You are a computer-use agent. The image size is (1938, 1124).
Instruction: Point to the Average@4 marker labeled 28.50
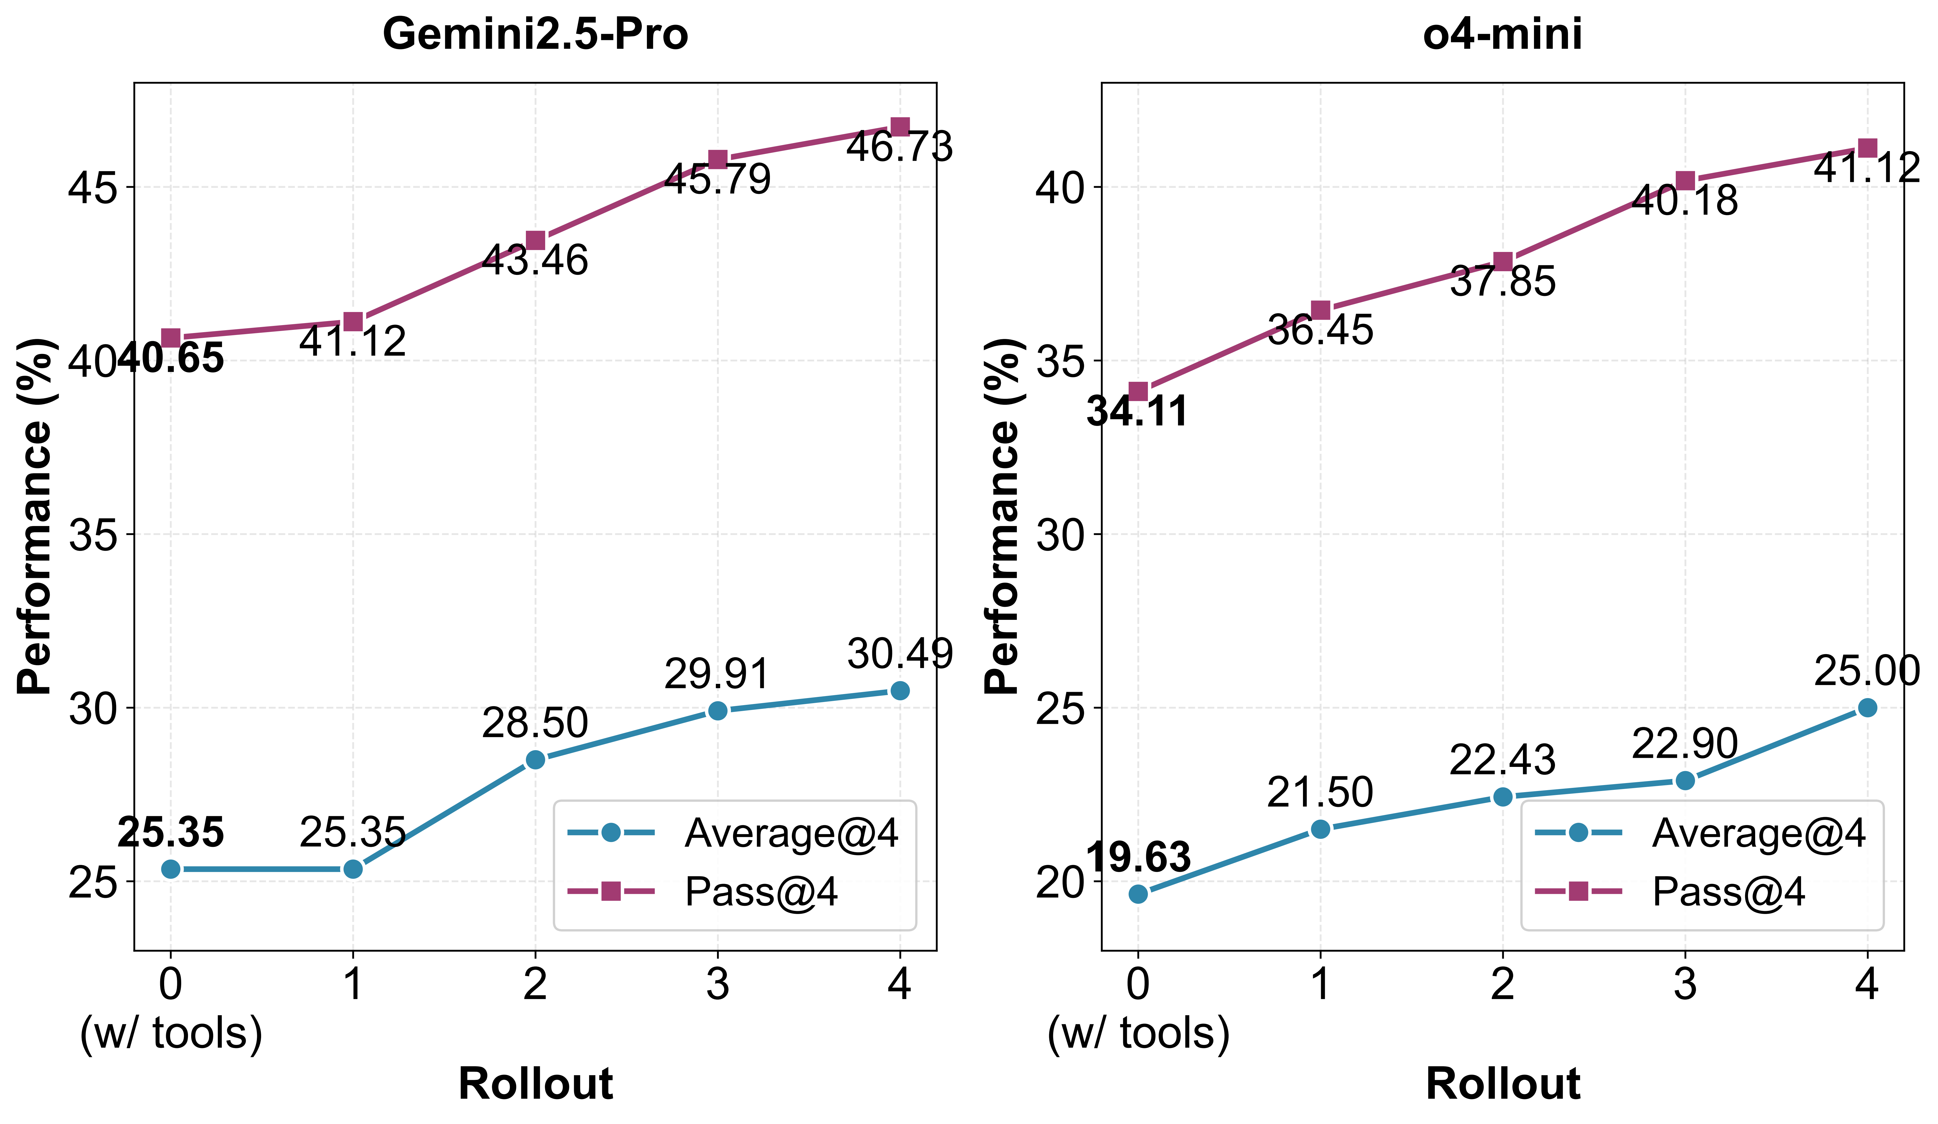coord(535,760)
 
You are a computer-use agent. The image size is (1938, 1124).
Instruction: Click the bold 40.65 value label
coord(171,358)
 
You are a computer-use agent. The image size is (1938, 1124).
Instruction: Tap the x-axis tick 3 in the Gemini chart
coord(718,984)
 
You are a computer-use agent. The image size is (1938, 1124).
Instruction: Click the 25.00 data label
coord(1867,671)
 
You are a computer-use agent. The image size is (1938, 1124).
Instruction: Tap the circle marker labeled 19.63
coord(1138,893)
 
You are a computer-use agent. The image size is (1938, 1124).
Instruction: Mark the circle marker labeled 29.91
coord(718,711)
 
